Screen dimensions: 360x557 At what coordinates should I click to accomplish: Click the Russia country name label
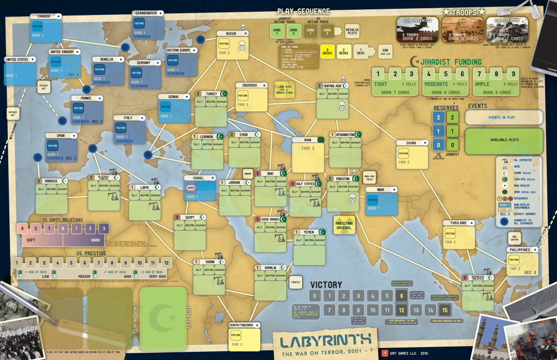[x=231, y=34]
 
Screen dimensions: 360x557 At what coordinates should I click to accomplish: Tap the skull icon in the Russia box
[x=240, y=47]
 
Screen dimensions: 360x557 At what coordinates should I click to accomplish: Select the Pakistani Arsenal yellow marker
[x=345, y=224]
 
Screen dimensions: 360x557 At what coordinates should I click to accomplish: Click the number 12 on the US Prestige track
[x=166, y=263]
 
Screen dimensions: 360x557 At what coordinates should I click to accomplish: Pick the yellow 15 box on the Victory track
[x=445, y=310]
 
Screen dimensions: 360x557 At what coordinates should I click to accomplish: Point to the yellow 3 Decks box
[x=327, y=53]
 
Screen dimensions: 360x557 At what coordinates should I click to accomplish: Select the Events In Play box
[x=503, y=118]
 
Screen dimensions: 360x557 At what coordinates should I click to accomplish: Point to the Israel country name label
[x=198, y=178]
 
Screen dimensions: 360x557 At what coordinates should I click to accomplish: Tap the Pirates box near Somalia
[x=295, y=282]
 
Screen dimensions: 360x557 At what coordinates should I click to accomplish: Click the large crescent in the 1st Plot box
[x=163, y=312]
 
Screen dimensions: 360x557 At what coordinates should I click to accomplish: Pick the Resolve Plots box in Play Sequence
[x=352, y=30]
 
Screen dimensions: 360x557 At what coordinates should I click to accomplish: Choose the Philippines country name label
[x=519, y=250]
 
